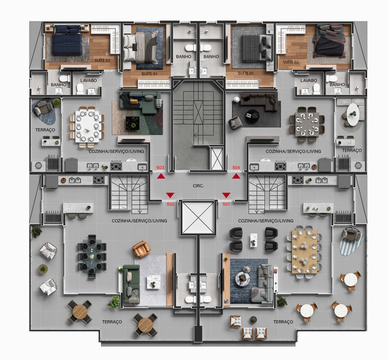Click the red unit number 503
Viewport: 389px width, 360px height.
tap(160, 168)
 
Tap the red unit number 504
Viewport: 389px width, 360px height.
tap(236, 168)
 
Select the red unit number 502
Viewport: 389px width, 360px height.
tap(170, 204)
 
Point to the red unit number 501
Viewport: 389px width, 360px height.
tap(226, 204)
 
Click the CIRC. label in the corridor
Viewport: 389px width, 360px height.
tap(198, 186)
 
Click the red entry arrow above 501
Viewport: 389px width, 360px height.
tap(226, 195)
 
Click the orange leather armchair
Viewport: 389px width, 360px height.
tap(141, 249)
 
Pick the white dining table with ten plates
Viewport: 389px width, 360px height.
tap(87, 127)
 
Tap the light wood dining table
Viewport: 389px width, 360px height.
tap(304, 252)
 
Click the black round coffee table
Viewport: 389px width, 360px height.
tap(253, 116)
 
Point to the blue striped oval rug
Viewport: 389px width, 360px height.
tap(351, 242)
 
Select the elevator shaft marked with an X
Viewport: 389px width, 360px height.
tap(198, 217)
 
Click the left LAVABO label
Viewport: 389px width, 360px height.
tap(89, 81)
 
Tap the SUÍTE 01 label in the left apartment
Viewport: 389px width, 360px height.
tap(149, 74)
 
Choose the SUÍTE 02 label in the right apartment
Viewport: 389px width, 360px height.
tap(291, 62)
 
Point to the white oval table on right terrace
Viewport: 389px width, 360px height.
tap(353, 114)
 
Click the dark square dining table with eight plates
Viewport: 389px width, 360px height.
tap(307, 124)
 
